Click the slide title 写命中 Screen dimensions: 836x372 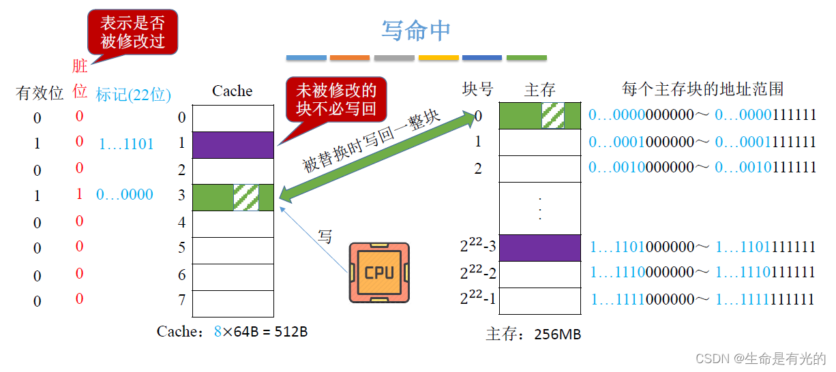pyautogui.click(x=416, y=31)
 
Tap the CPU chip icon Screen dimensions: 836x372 pyautogui.click(x=378, y=273)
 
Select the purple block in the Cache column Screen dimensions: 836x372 pyautogui.click(x=233, y=144)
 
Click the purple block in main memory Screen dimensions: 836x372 pyautogui.click(x=540, y=248)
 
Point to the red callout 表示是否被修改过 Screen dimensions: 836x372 pyautogui.click(x=132, y=32)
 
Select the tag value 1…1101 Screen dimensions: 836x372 pyautogui.click(x=126, y=144)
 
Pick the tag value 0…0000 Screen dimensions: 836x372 pyautogui.click(x=124, y=195)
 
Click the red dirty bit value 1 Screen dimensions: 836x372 pyautogui.click(x=79, y=194)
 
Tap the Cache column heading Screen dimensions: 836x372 pyautogui.click(x=232, y=91)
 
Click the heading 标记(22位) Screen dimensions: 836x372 pyautogui.click(x=133, y=95)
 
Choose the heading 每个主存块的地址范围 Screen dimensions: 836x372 pyautogui.click(x=702, y=89)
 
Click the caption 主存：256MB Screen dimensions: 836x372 pyautogui.click(x=533, y=335)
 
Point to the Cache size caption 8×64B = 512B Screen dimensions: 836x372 pyautogui.click(x=232, y=332)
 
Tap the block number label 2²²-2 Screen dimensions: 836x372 pyautogui.click(x=477, y=273)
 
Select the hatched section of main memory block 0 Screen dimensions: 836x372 pyautogui.click(x=552, y=116)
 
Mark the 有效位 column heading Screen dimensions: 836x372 pyautogui.click(x=40, y=93)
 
